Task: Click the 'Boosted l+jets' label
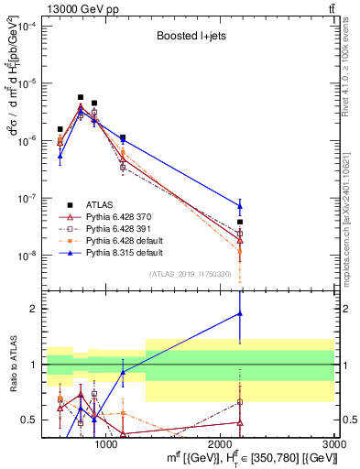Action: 190,38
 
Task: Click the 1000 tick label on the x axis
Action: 106,443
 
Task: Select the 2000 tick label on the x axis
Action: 221,443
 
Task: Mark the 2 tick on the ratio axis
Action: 35,309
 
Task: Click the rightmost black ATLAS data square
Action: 239,222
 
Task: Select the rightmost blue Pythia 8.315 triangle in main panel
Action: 239,206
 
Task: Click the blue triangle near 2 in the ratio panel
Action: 239,313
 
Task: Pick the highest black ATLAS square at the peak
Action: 81,97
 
